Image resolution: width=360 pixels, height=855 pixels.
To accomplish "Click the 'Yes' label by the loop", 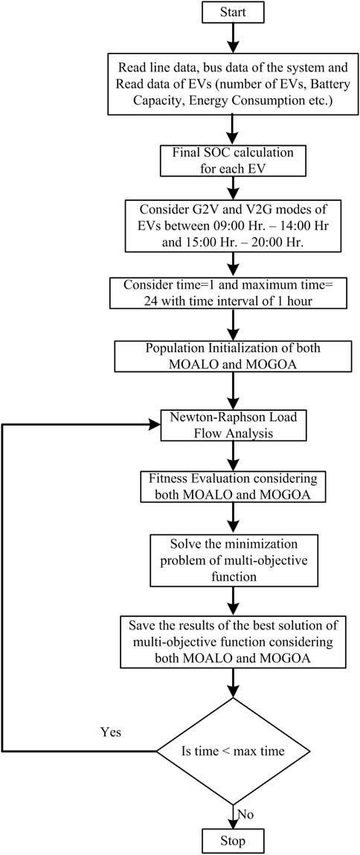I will click(x=111, y=731).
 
